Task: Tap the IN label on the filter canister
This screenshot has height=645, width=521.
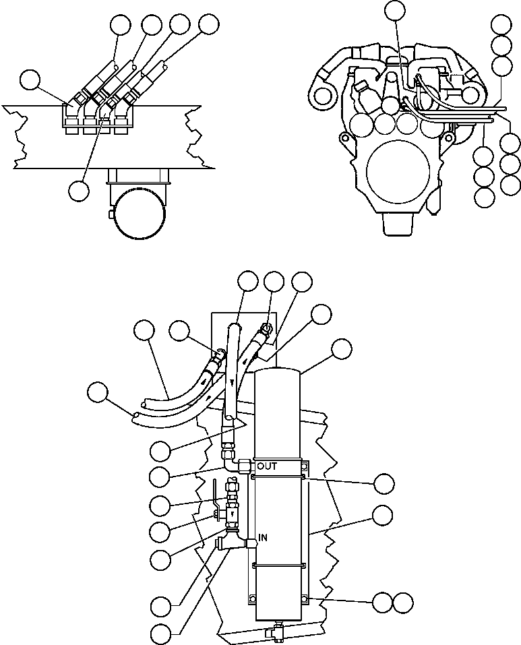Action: pyautogui.click(x=264, y=537)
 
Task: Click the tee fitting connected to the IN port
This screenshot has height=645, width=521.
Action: pyautogui.click(x=232, y=539)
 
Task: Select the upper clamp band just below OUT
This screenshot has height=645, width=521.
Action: pyautogui.click(x=278, y=478)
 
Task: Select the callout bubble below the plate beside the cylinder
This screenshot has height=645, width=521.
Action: pyautogui.click(x=79, y=191)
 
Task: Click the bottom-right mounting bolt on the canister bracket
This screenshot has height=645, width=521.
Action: pyautogui.click(x=305, y=598)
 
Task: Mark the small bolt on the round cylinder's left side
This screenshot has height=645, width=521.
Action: pyautogui.click(x=109, y=215)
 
